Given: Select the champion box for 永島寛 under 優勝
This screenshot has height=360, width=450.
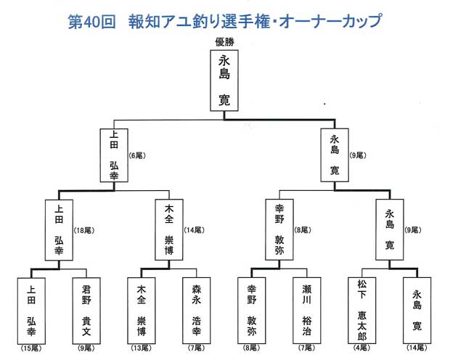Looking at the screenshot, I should (224, 80).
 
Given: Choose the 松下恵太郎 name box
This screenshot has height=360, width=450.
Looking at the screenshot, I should (362, 308).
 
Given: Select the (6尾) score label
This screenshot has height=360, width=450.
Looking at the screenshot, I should (137, 155).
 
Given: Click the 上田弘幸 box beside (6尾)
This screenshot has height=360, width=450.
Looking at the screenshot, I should (114, 156).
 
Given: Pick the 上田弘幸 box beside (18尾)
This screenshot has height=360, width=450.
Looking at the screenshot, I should (59, 230).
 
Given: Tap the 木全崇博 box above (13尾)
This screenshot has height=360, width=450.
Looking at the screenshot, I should (142, 308).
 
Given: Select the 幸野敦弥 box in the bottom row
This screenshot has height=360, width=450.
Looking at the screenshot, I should (251, 308).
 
